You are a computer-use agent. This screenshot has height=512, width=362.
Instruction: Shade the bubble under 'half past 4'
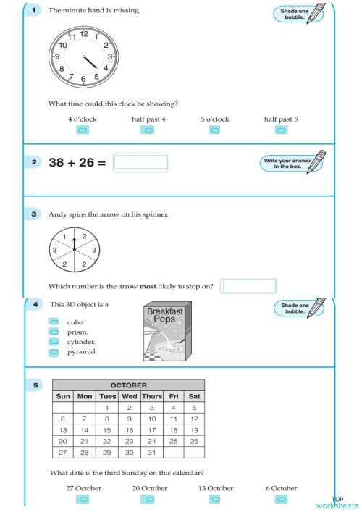click(148, 130)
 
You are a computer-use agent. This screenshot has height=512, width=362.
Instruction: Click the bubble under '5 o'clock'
click(214, 130)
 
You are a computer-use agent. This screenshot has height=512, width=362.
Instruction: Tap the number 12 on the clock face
click(84, 34)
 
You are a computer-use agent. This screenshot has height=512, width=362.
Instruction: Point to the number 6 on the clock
click(84, 79)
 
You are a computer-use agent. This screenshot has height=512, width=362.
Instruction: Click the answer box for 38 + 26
click(140, 162)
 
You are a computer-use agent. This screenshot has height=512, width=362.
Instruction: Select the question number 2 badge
click(34, 162)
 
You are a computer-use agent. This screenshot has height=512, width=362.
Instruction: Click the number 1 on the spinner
click(64, 237)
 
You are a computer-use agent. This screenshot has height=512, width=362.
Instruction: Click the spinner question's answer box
click(248, 286)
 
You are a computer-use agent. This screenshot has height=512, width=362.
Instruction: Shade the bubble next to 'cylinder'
click(54, 342)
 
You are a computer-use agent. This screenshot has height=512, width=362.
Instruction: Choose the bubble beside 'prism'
click(54, 332)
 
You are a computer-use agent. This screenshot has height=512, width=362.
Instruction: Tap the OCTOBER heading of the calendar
click(128, 385)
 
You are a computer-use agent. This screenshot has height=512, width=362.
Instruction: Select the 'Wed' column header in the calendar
click(130, 396)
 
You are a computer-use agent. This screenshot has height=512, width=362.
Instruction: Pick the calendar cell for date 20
click(63, 441)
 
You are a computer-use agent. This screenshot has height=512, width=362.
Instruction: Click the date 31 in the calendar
click(151, 452)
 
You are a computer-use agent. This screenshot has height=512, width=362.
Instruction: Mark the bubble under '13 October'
click(215, 500)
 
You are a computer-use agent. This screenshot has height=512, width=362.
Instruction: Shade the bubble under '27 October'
click(83, 500)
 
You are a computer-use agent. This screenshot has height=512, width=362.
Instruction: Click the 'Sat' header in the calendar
click(194, 396)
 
